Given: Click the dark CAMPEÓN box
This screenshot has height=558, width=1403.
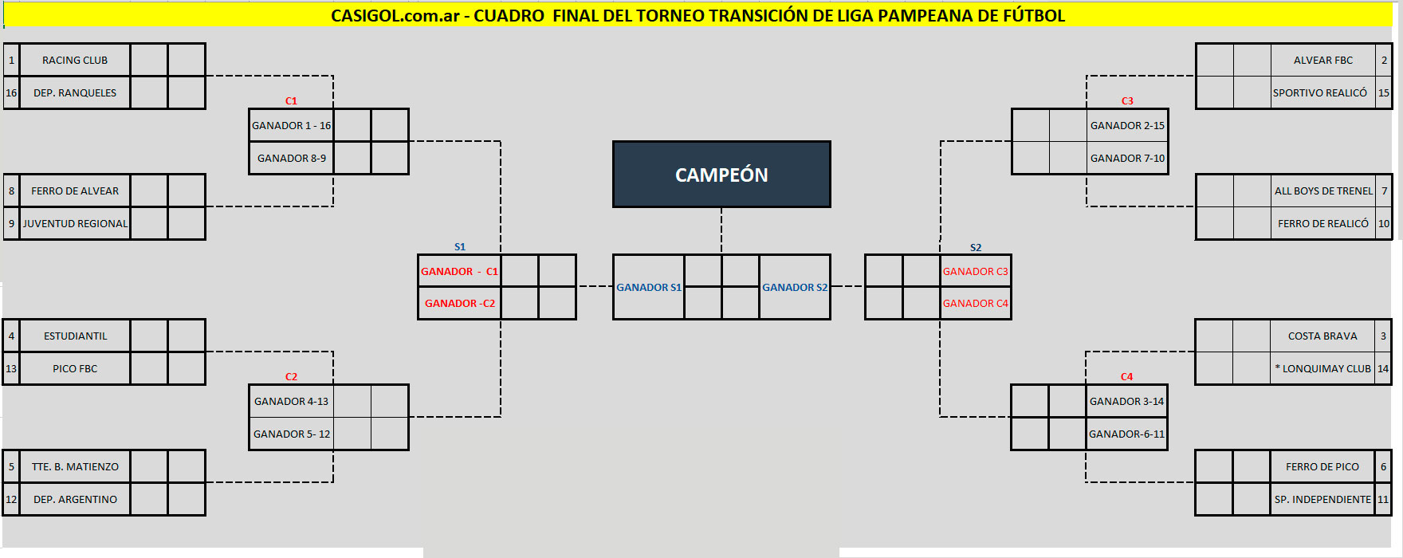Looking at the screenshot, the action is point(721,175).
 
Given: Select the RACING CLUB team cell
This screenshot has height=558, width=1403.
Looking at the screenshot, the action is point(75,60).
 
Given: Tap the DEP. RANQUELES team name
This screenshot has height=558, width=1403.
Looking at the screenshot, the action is point(75,92).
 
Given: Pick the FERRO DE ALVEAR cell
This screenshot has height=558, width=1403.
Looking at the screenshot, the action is point(75,191).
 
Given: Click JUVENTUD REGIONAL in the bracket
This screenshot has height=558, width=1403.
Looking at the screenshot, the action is point(75,223).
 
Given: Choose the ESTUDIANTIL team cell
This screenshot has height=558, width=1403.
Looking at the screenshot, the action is point(75,336).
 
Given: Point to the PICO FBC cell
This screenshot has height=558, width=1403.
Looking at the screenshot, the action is point(75,368).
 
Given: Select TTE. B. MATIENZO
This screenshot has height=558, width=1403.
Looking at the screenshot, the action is point(75,466).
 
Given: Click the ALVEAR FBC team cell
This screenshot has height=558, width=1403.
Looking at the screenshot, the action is point(1323,60).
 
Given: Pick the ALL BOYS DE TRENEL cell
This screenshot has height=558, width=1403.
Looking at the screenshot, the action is point(1323,191).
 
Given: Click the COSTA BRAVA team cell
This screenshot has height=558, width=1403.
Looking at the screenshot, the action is point(1322,336).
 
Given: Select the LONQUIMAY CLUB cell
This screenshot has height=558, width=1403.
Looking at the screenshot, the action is point(1322,368).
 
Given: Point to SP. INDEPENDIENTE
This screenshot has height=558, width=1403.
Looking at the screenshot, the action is point(1322,499).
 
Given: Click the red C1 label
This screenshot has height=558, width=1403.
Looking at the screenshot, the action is point(291,101).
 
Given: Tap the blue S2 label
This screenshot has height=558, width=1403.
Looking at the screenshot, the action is point(976,248).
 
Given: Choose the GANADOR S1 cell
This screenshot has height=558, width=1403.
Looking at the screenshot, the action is point(649,287).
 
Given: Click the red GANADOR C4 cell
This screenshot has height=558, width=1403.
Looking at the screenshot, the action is point(976,303).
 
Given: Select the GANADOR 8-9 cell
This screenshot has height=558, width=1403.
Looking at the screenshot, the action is point(292,158).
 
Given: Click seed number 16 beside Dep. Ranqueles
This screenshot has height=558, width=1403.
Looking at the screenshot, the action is point(11,92).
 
